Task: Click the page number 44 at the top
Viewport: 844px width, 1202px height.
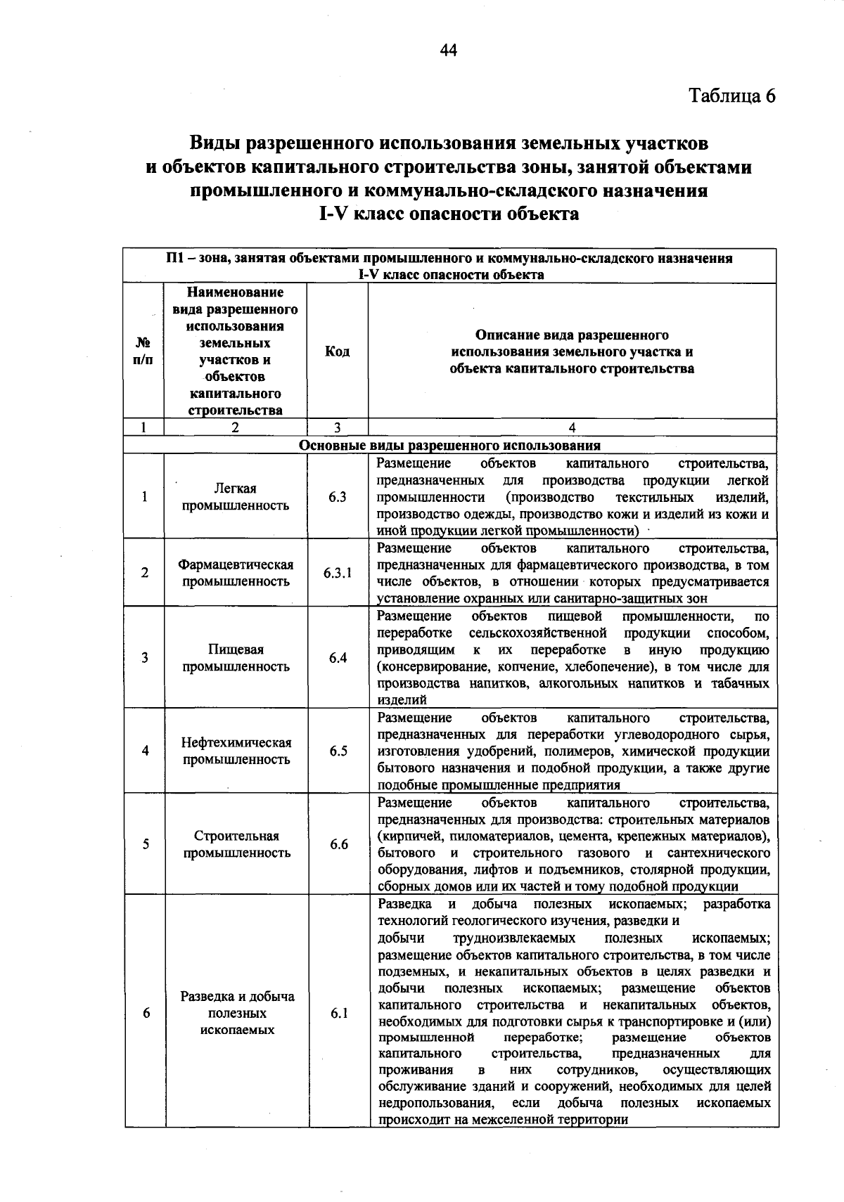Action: [x=449, y=50]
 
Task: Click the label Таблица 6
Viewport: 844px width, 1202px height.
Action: [x=731, y=96]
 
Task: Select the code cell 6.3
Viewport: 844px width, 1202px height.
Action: [x=338, y=497]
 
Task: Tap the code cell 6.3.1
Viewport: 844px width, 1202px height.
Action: [x=338, y=573]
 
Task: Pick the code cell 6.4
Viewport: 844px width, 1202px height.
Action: [x=338, y=658]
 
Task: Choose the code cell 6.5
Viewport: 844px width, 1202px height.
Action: [x=338, y=751]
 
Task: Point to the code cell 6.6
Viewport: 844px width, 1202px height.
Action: [x=338, y=844]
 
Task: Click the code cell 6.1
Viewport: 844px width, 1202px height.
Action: [x=338, y=1013]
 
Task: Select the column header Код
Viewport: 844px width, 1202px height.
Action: [x=338, y=351]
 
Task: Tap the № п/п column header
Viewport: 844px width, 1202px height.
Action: [x=143, y=351]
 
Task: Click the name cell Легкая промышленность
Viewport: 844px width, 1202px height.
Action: [x=235, y=497]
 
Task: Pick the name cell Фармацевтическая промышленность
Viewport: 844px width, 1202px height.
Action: [x=235, y=573]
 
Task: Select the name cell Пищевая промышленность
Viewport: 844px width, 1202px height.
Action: [x=236, y=658]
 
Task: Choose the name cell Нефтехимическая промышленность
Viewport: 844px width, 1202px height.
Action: [x=236, y=751]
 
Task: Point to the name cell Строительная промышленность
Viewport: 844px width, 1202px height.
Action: [x=236, y=844]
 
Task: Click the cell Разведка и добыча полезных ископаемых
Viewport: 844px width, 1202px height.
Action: [x=237, y=1013]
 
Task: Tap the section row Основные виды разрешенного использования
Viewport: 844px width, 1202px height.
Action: [x=450, y=445]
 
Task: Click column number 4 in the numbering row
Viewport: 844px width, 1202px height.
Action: [x=572, y=427]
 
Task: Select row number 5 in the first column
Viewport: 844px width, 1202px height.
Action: [x=145, y=844]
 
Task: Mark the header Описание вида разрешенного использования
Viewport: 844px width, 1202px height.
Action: [x=572, y=351]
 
